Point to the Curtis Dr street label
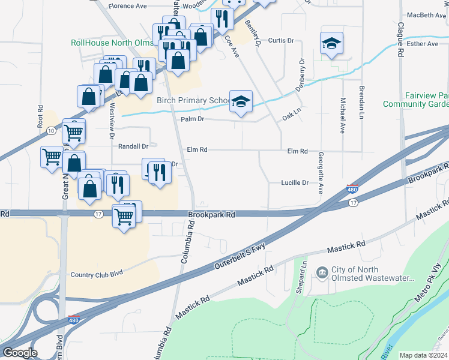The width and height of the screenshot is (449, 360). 281,41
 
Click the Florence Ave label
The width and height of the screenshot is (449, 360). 127,6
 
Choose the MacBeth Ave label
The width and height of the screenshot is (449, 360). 426,15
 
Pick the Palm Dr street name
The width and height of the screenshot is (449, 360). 193,119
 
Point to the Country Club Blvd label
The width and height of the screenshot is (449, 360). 97,273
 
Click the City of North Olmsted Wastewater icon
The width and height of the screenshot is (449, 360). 322,274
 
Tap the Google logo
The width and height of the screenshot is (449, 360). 19,353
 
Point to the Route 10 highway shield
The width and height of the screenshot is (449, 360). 52,130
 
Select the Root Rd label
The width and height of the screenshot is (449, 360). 40,117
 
